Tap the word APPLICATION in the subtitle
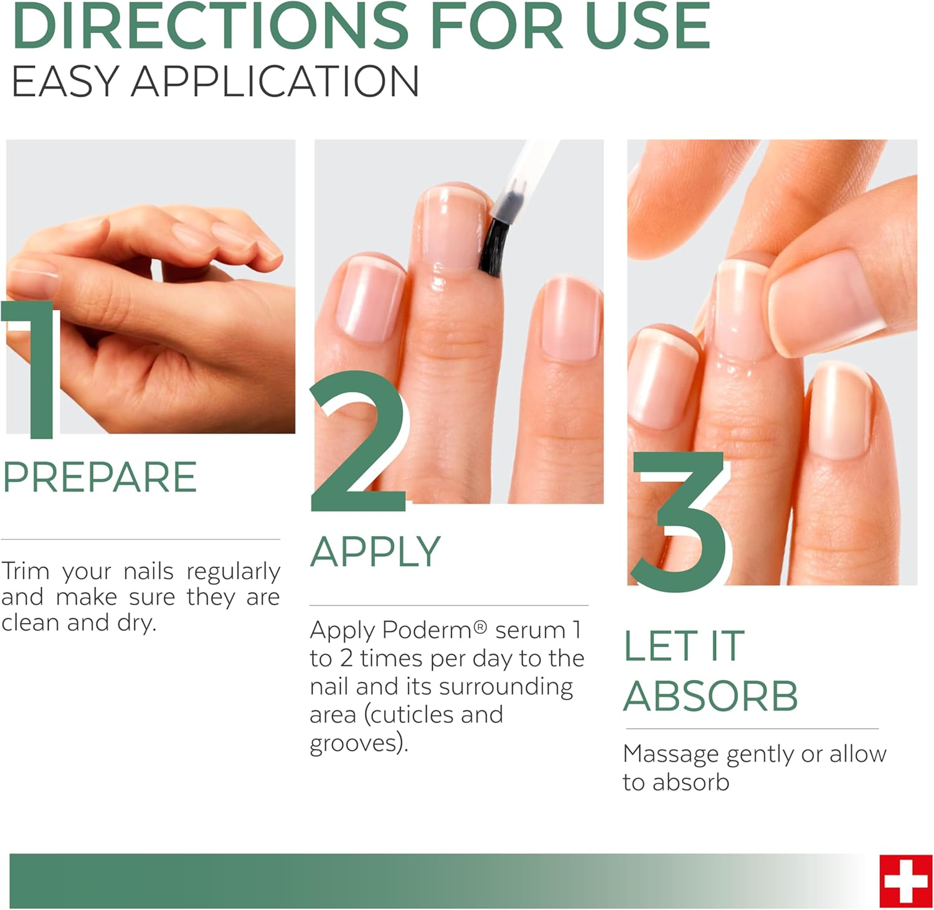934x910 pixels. (x=275, y=82)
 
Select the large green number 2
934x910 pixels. (x=358, y=445)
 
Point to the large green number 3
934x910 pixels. (x=679, y=517)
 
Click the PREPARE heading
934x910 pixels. (x=100, y=478)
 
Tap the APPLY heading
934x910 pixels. (x=375, y=552)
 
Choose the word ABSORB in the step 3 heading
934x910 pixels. (x=710, y=696)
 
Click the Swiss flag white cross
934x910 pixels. (x=906, y=881)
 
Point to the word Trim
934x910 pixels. (x=25, y=571)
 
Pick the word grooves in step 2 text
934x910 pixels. (x=355, y=743)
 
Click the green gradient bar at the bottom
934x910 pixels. (x=374, y=881)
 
